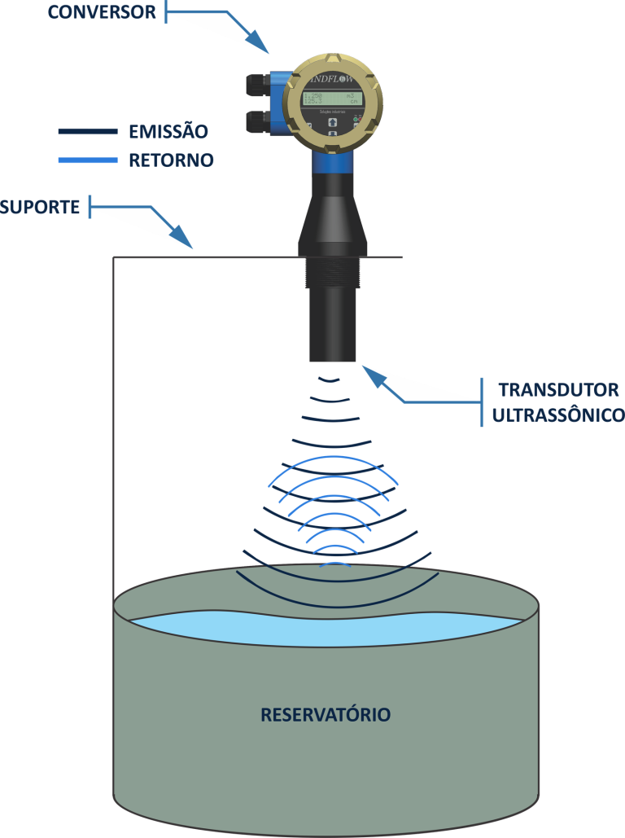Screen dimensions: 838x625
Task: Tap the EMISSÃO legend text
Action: pos(168,131)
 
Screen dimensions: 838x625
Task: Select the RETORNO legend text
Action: pos(171,160)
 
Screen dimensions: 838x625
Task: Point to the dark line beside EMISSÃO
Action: pos(88,131)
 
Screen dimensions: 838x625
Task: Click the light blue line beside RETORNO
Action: pos(88,160)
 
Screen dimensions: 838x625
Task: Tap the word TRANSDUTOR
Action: pos(557,389)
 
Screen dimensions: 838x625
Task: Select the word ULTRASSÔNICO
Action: pos(557,416)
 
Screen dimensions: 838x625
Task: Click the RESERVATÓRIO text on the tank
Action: pos(326,715)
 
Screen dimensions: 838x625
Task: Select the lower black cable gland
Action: pos(259,121)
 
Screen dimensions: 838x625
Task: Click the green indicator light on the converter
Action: pos(358,120)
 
